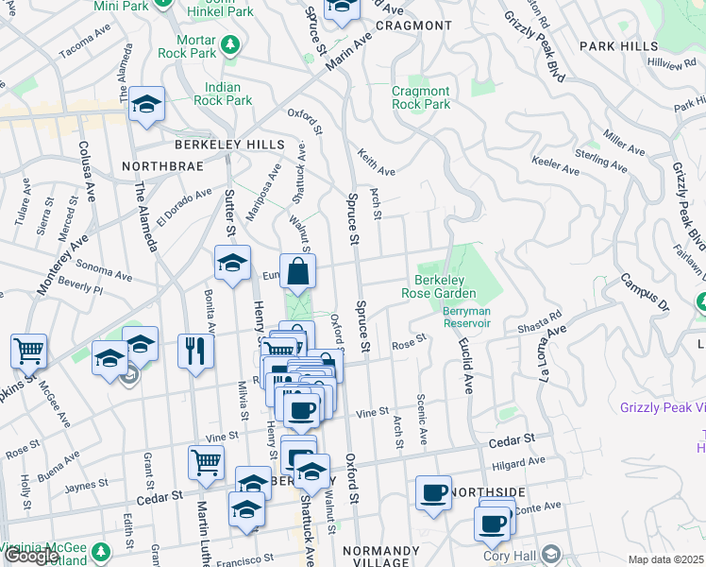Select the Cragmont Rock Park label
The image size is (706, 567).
pyautogui.click(x=421, y=98)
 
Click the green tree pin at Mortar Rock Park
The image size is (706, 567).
pyautogui.click(x=228, y=43)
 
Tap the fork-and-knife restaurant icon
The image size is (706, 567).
pyautogui.click(x=197, y=350)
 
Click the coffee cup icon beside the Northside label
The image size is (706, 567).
pyautogui.click(x=434, y=491)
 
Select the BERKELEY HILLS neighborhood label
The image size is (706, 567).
pyautogui.click(x=229, y=144)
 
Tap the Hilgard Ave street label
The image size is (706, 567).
pyautogui.click(x=518, y=462)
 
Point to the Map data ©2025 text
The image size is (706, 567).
pyautogui.click(x=665, y=559)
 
